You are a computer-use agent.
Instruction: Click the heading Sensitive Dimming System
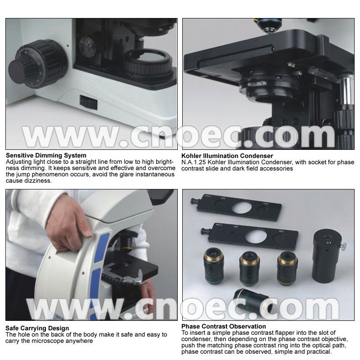[46, 155]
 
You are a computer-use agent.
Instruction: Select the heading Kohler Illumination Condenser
[227, 156]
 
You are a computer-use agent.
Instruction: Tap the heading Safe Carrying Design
[37, 328]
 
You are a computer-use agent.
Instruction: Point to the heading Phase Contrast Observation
[224, 326]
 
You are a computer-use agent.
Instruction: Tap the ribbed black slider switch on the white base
[88, 102]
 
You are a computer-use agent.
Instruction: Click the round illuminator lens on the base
[148, 63]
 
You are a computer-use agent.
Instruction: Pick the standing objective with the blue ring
[214, 266]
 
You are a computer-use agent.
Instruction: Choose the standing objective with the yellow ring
[287, 268]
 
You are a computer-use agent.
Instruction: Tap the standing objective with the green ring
[249, 268]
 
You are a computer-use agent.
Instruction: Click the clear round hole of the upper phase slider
[241, 207]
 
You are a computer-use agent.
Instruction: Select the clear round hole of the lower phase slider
[256, 237]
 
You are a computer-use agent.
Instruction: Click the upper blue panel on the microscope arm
[102, 247]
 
